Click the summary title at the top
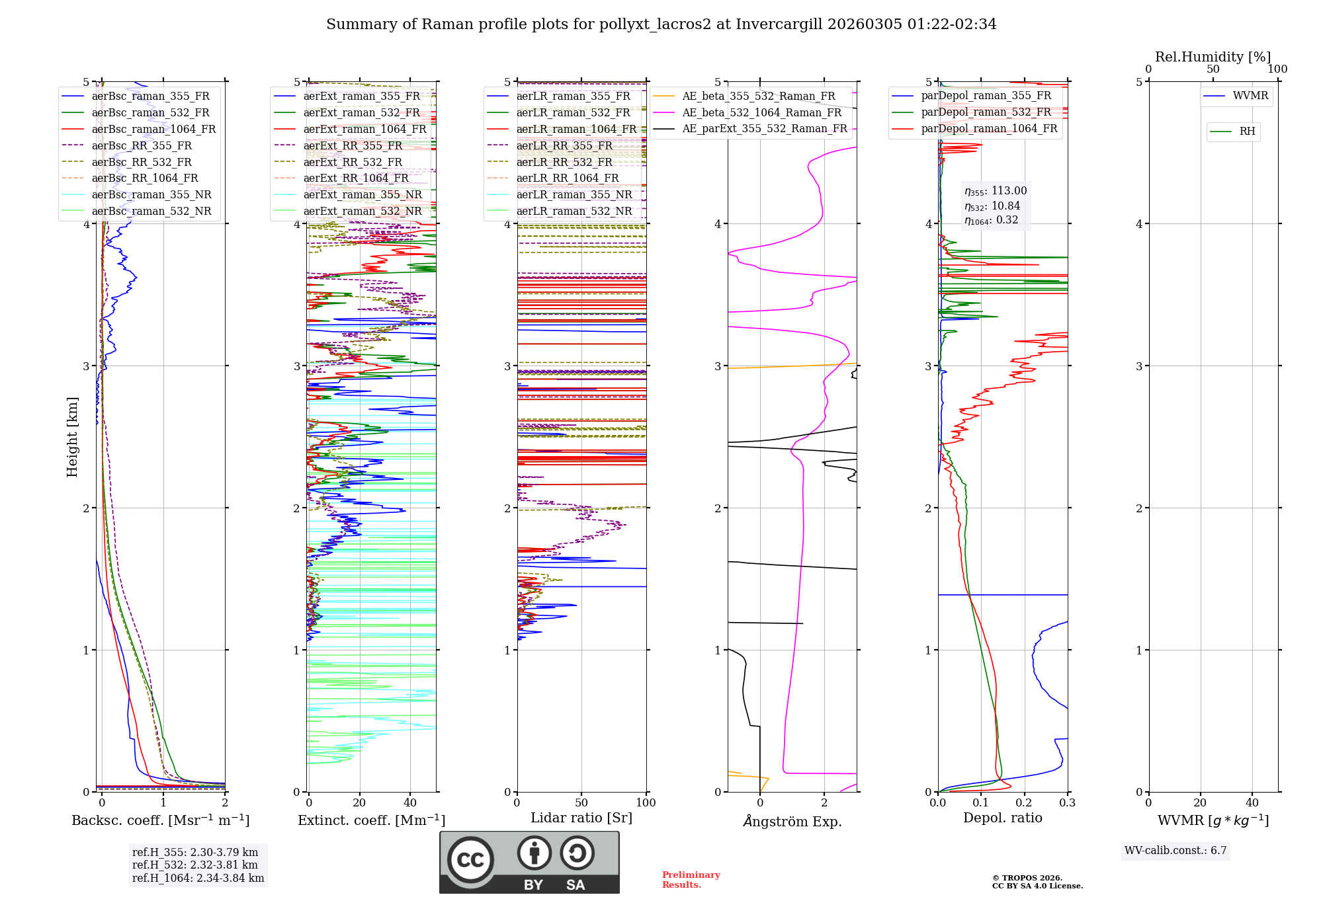661,24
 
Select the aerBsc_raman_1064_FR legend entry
153,129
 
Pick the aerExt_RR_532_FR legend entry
353,162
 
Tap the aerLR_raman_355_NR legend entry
574,194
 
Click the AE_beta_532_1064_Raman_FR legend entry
761,112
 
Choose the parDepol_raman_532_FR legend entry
986,112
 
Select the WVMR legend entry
1250,96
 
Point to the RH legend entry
1247,132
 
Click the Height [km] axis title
72,437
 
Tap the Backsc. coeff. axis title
160,820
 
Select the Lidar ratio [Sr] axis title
581,818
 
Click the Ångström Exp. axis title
792,822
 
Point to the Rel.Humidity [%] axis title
1213,57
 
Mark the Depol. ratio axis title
1002,818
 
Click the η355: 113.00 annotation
995,191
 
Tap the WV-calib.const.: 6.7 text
1175,851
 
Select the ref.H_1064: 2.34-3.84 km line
198,879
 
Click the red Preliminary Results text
691,880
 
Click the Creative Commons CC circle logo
470,859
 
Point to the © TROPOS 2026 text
1027,878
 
